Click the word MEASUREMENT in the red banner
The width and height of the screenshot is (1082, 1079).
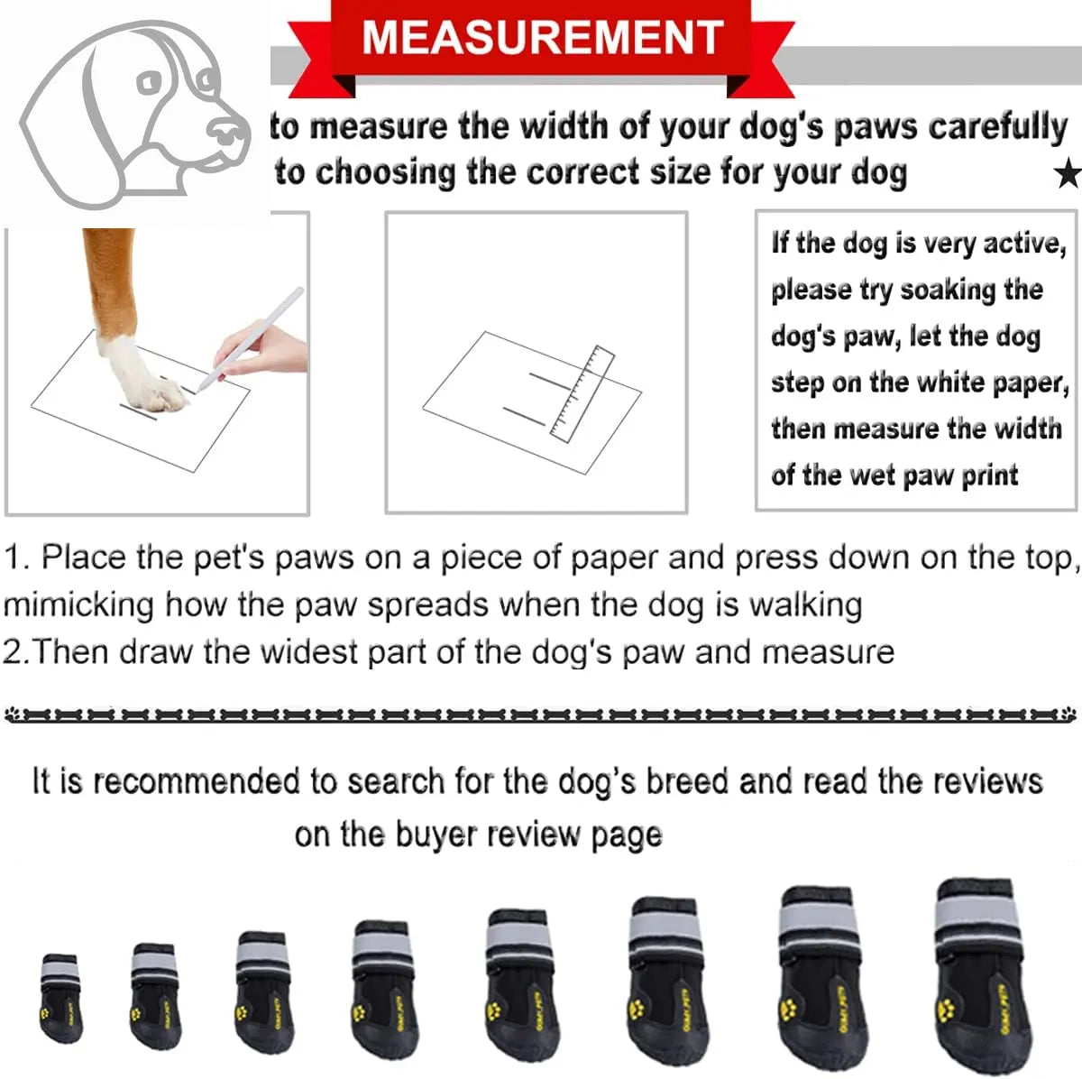pos(542,37)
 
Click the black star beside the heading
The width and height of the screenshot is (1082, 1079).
pos(1068,173)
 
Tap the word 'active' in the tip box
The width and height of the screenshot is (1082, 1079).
pos(1022,244)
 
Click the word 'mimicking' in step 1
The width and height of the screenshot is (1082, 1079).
pos(79,604)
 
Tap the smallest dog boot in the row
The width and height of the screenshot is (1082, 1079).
pos(60,997)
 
